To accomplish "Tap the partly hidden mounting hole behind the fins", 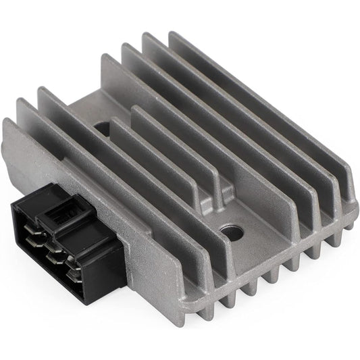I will [x=101, y=126].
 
